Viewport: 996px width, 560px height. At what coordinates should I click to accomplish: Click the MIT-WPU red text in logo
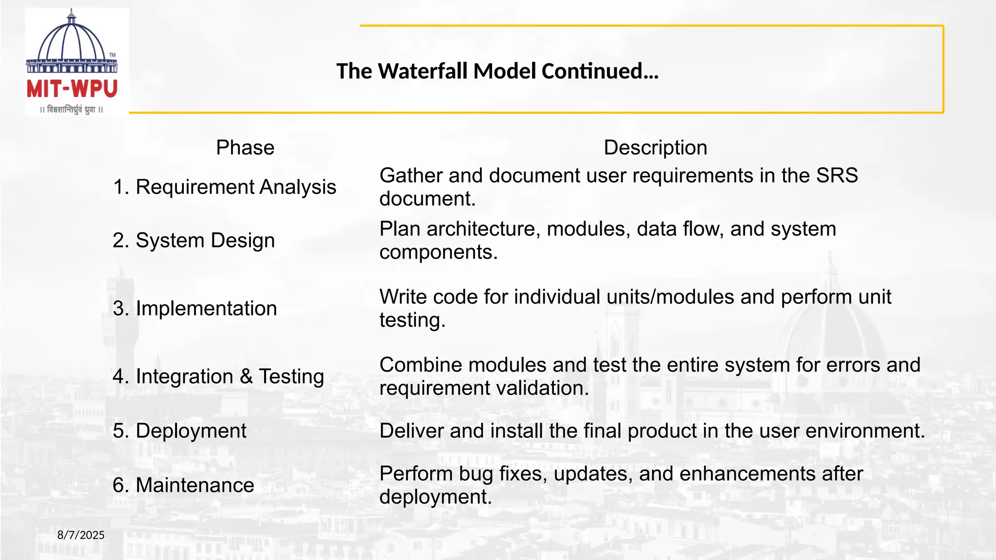(72, 89)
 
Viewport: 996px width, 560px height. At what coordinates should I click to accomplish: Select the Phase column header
(245, 147)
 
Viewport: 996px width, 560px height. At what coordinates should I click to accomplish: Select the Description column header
(655, 147)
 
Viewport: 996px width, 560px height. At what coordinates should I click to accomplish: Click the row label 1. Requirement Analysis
(224, 187)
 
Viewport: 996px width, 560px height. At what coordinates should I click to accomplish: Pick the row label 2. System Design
(194, 240)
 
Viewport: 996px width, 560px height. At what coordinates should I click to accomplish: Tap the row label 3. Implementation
(195, 308)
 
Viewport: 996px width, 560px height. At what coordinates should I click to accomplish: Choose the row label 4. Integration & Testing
(218, 376)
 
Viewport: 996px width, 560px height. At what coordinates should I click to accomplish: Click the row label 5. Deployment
(179, 431)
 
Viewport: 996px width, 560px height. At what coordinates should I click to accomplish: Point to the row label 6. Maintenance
(183, 485)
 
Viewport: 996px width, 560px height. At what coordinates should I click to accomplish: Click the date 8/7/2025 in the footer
(81, 535)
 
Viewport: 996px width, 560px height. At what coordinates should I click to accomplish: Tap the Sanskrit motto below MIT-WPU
(71, 109)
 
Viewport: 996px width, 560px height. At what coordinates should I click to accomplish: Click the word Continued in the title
(600, 71)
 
